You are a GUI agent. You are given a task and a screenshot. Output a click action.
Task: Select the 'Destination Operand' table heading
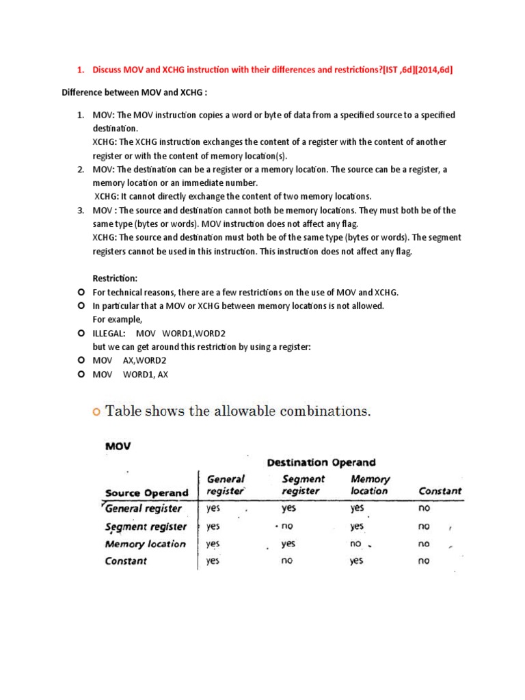click(321, 462)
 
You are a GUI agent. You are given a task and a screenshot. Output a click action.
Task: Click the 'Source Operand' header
click(146, 492)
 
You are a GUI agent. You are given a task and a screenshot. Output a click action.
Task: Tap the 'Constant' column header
click(440, 491)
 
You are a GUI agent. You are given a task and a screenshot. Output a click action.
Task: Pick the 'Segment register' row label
click(146, 526)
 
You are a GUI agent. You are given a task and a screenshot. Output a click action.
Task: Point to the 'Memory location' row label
click(146, 544)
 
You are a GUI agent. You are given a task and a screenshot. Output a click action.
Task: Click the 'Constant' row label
click(126, 561)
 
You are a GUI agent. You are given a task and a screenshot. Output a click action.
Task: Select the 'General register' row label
click(144, 509)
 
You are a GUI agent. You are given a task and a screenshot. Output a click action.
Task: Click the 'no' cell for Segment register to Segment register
click(288, 527)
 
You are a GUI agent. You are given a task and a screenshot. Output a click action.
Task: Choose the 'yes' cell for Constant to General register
click(213, 561)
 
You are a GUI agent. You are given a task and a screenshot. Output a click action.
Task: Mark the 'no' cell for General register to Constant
click(424, 509)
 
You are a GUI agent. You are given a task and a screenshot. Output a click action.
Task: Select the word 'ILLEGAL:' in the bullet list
click(109, 333)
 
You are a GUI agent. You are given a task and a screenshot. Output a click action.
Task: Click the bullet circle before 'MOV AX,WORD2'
click(81, 360)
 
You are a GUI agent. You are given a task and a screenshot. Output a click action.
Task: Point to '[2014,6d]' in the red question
click(428, 69)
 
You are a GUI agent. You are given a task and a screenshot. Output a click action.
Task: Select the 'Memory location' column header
click(369, 485)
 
